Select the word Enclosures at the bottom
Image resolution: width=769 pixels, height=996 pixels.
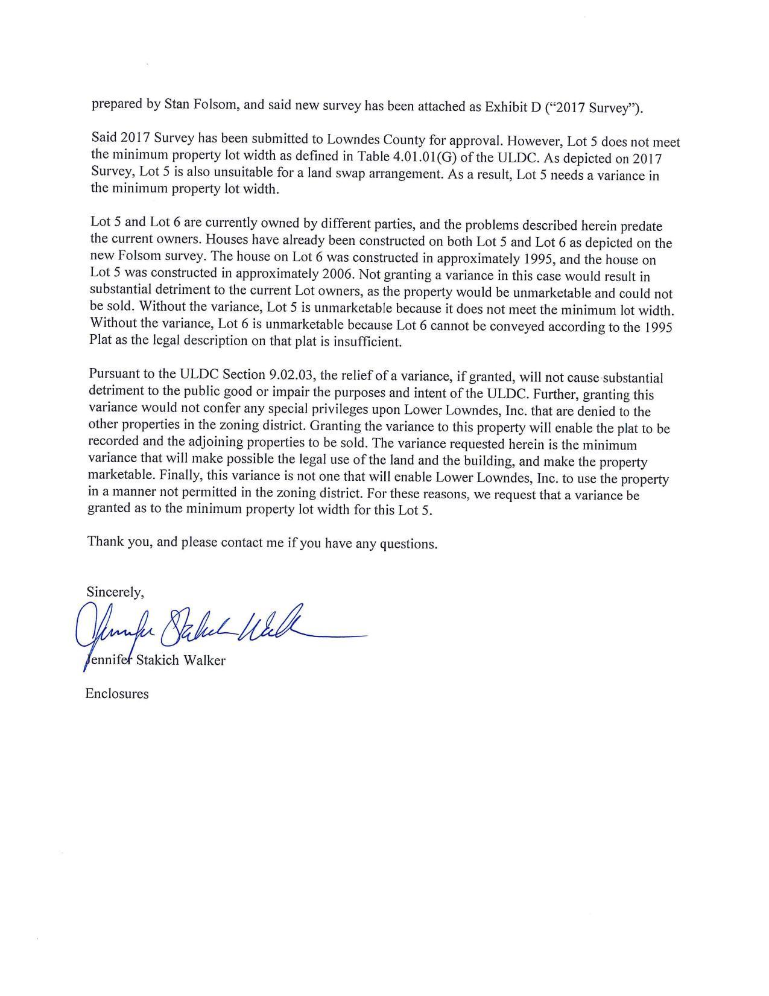[117, 694]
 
